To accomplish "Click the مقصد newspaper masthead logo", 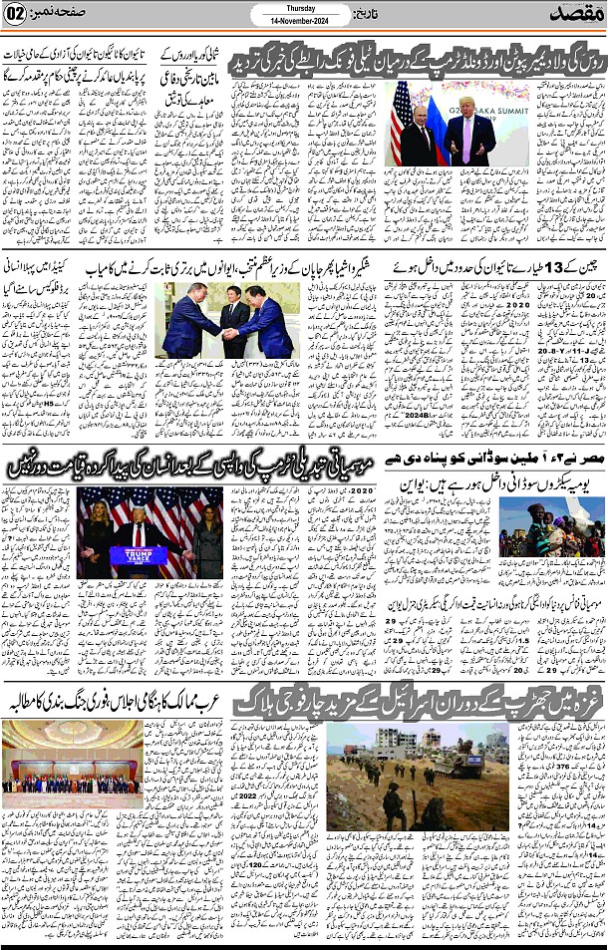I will point(573,16).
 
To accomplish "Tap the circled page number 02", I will point(18,17).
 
